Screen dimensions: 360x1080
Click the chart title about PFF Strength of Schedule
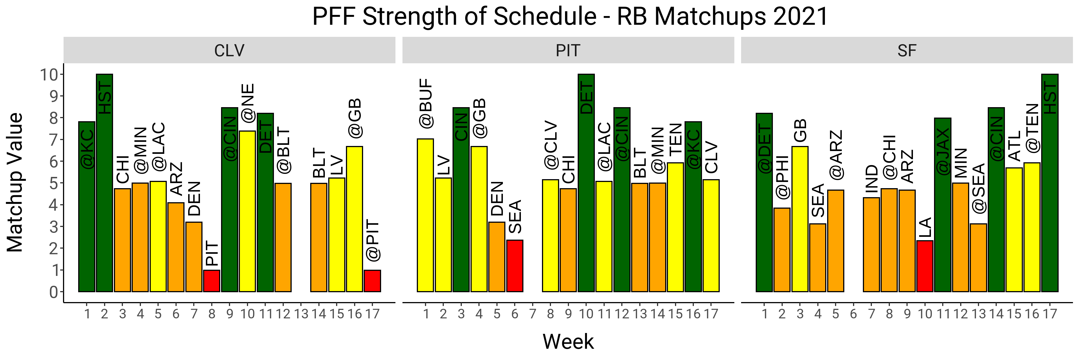point(570,17)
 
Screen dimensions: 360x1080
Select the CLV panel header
point(229,51)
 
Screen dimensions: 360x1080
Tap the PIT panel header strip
point(568,51)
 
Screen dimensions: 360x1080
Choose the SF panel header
point(907,51)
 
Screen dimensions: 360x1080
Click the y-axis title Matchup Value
point(15,182)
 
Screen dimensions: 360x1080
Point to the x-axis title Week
point(568,341)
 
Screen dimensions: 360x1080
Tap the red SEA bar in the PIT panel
point(515,266)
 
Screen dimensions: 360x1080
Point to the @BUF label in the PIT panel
point(426,103)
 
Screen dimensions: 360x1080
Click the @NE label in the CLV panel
point(247,103)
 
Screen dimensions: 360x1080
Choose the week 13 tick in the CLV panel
point(301,314)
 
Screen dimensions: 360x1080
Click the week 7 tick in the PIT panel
point(532,314)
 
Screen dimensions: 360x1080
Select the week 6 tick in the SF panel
point(854,314)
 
